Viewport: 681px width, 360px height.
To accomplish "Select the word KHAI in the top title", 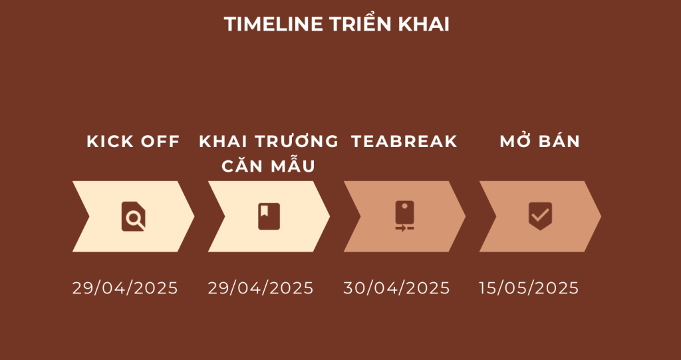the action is (424, 25).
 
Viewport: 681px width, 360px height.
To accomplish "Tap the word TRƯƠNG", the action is (296, 141).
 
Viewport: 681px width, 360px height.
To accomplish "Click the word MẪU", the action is (293, 165).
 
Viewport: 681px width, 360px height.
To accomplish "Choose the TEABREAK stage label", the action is (404, 141).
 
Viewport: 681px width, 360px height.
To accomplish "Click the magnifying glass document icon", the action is (133, 216).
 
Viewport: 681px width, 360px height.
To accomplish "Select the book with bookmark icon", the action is (269, 216).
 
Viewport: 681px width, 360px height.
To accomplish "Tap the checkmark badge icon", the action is (540, 216).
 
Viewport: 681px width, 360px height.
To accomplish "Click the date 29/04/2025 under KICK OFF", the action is (125, 288).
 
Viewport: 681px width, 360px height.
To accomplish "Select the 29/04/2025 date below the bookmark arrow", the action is (261, 288).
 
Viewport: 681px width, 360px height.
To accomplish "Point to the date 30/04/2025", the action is (396, 288).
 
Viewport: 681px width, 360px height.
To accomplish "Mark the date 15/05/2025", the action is (529, 288).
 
